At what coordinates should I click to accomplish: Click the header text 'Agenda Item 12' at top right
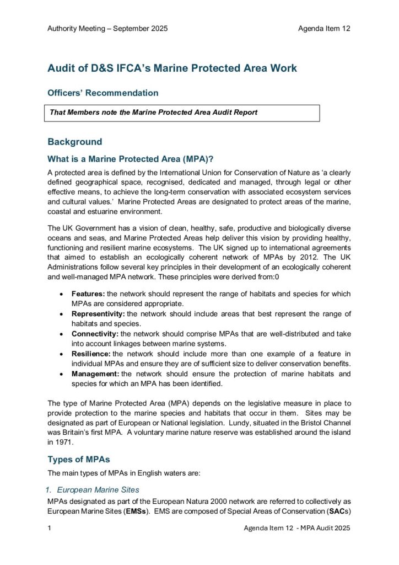324,29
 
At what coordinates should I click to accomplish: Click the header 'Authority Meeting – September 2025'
107,29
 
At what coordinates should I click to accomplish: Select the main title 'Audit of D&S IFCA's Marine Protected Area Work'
172,68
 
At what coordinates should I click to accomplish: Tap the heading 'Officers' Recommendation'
103,93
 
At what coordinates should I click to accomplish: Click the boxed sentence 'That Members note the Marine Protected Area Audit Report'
154,112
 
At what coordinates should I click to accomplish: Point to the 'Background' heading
74,142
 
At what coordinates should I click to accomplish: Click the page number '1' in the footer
50,528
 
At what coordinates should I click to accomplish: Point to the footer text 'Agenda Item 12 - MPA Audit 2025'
297,528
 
